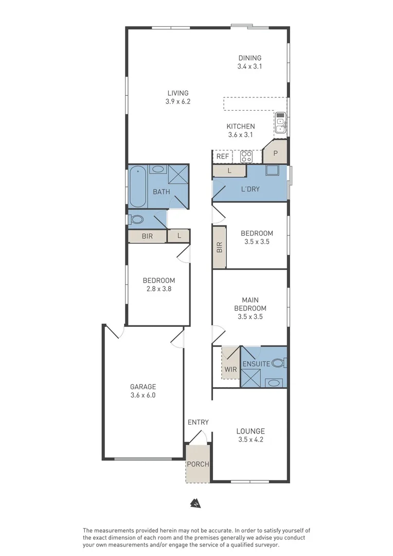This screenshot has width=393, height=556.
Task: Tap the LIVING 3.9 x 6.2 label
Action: [177, 97]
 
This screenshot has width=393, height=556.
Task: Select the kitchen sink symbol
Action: [280, 123]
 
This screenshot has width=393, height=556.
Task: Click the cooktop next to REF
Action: [246, 157]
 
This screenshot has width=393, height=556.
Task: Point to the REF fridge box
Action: [222, 157]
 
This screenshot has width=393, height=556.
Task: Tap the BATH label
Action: [161, 192]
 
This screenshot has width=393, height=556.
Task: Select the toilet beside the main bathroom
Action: [137, 219]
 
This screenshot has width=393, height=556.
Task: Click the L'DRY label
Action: [250, 189]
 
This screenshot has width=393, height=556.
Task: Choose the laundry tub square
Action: [272, 171]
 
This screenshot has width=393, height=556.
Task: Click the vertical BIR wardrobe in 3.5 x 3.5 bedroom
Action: [220, 247]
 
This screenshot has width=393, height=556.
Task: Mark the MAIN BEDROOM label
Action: [250, 308]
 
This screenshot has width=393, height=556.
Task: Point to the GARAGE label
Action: [142, 391]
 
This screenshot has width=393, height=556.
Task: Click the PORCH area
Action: [198, 464]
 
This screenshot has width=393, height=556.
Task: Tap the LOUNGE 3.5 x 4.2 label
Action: [251, 436]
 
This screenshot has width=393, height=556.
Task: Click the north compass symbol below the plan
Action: [196, 503]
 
